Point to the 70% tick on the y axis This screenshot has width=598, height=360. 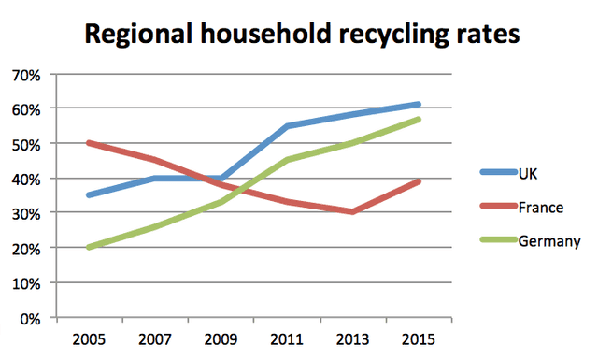25,74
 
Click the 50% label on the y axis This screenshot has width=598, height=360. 25,144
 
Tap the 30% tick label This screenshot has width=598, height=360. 25,213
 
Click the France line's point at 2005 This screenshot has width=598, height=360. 88,143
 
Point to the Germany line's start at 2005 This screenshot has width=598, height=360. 88,248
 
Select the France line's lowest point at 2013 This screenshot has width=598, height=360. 352,212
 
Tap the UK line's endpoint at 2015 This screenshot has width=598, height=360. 419,105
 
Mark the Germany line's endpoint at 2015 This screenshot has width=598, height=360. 419,120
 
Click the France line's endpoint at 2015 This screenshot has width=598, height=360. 419,181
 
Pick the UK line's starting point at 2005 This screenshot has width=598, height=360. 88,195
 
